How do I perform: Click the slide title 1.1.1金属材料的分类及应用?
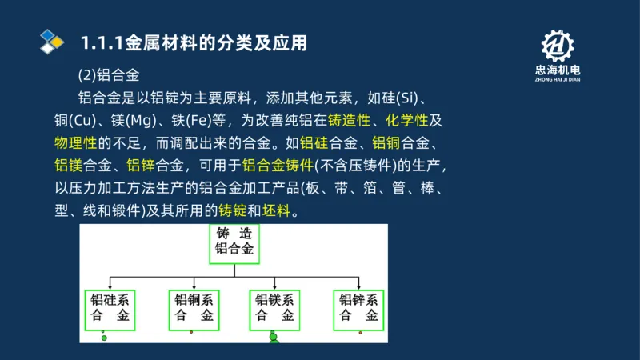click(194, 42)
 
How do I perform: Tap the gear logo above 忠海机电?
click(558, 46)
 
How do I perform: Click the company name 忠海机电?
click(558, 70)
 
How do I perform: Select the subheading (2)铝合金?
click(109, 76)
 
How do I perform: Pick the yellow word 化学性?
click(406, 121)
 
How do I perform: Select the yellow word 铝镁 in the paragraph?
click(67, 166)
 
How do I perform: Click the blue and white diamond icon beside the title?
click(51, 41)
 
